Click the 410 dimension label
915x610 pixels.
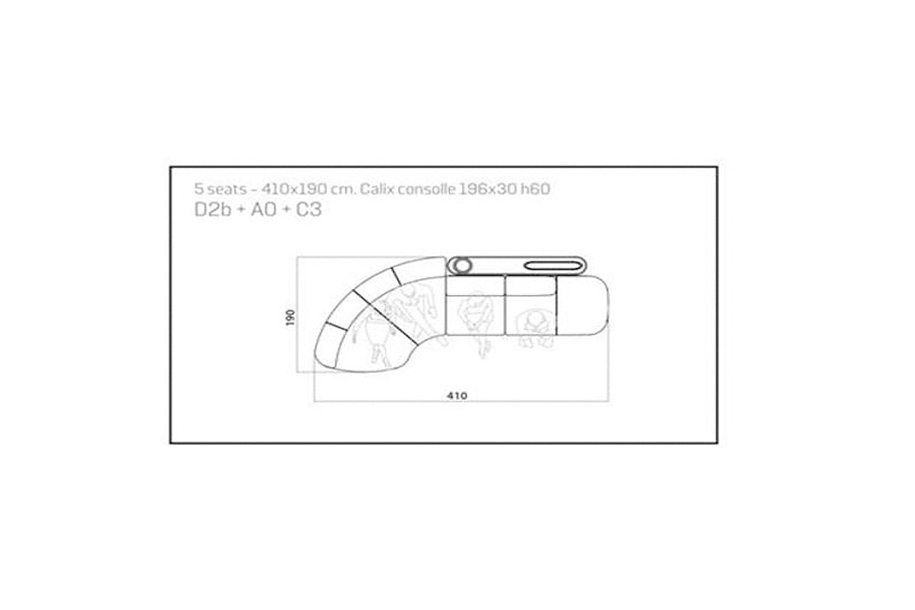click(x=457, y=396)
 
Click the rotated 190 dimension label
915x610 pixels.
click(x=291, y=317)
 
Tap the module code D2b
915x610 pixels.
click(x=213, y=210)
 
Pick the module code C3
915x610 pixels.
click(x=308, y=210)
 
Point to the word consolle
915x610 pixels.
click(x=426, y=189)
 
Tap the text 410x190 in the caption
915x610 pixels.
click(x=294, y=189)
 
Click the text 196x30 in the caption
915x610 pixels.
click(x=487, y=189)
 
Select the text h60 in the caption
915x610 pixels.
click(x=535, y=189)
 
